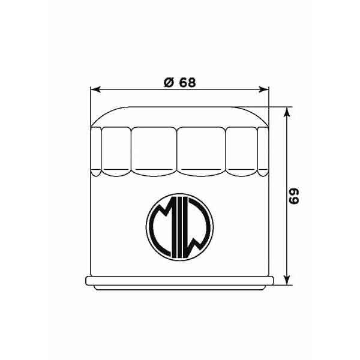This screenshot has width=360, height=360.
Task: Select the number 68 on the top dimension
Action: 186,82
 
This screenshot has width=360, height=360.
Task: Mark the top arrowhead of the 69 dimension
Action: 289,112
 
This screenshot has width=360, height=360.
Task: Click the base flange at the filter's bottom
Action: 179,281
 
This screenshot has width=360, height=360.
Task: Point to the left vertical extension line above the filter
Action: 90,105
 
